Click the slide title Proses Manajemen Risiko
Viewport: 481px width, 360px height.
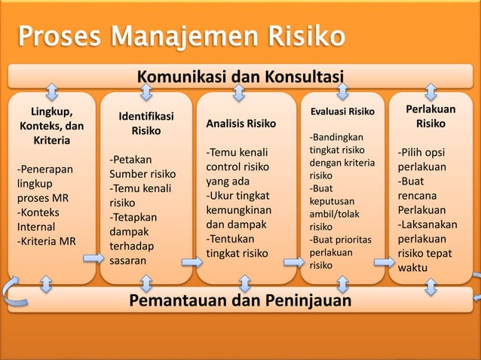(x=181, y=37)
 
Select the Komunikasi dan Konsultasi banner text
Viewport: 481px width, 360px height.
(x=240, y=76)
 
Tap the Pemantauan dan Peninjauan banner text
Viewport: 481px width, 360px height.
(x=240, y=301)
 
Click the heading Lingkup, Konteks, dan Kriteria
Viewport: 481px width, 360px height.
(x=51, y=126)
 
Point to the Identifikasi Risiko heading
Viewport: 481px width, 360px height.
(x=146, y=124)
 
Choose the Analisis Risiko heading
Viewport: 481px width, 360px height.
(x=240, y=124)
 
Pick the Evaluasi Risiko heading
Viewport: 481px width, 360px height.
(x=342, y=111)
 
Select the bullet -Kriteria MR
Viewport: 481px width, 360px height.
(x=47, y=241)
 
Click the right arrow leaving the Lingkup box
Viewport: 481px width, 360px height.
(x=93, y=258)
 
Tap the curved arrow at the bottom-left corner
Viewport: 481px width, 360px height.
(x=10, y=289)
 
